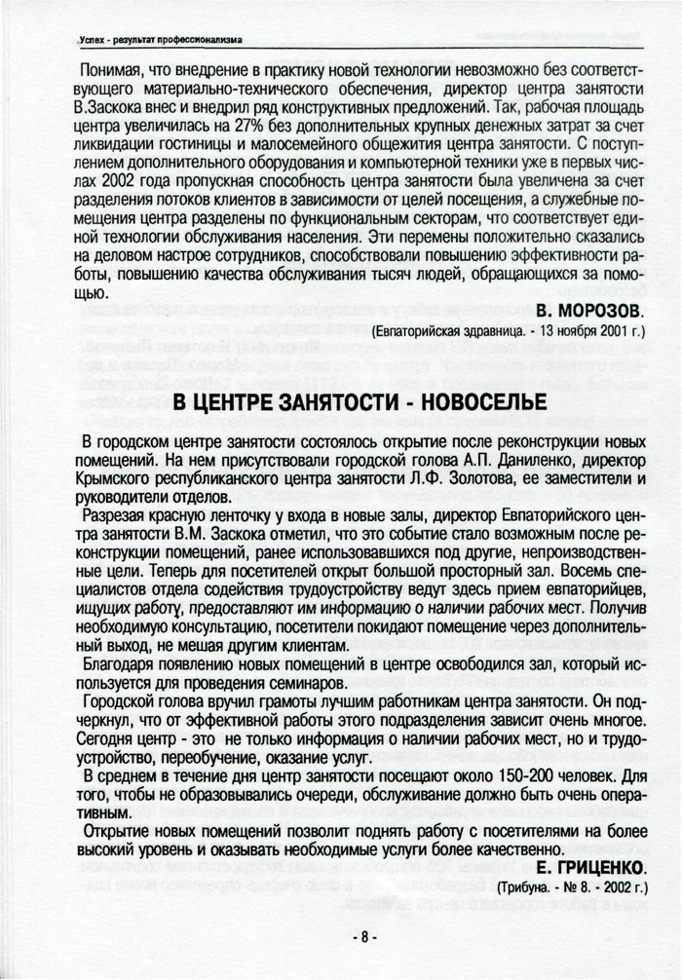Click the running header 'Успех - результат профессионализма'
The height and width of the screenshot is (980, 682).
pos(162,39)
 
